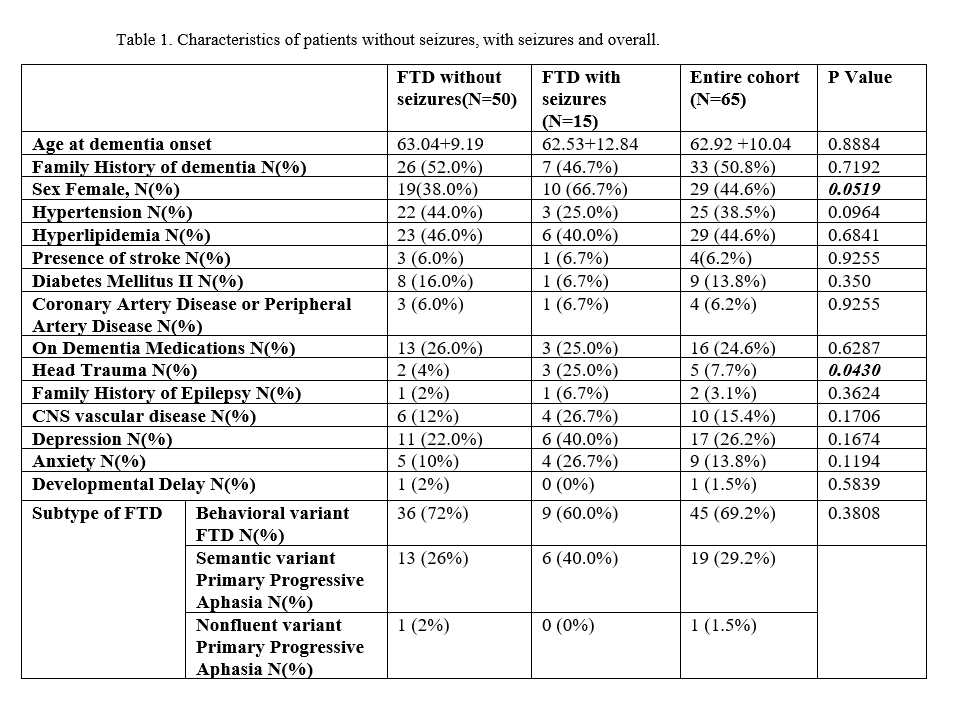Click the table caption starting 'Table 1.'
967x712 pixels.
[389, 41]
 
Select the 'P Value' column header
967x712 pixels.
[860, 77]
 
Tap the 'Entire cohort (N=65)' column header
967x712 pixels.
[744, 88]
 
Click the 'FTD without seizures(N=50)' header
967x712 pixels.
[457, 88]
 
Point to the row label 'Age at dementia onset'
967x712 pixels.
[122, 144]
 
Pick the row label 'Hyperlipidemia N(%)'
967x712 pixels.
[121, 235]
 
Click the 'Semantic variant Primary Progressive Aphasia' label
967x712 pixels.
[280, 580]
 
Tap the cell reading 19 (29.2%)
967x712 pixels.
[732, 558]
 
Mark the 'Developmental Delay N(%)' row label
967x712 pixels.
[143, 484]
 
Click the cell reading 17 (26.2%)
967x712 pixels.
[732, 439]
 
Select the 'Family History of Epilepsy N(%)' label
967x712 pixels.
[166, 393]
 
